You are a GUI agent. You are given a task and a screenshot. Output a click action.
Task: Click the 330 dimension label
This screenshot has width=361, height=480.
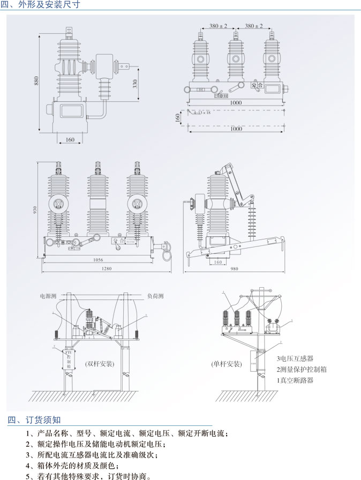coord(135,84)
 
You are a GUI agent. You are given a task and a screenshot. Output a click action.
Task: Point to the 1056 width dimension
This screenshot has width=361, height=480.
coord(98,260)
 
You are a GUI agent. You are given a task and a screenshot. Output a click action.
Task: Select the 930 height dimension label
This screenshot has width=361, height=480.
coord(34,209)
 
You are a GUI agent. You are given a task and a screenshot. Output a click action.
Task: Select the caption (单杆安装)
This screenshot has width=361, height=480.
coord(225,364)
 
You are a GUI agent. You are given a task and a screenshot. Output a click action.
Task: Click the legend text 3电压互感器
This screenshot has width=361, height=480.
coord(295,358)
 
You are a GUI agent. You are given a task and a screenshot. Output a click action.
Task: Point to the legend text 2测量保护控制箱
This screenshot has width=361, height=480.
coord(302,369)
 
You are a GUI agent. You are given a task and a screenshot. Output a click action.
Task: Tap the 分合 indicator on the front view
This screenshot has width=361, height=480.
coord(257,85)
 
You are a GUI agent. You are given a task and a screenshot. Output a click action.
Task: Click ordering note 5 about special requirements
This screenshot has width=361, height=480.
coord(89,475)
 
